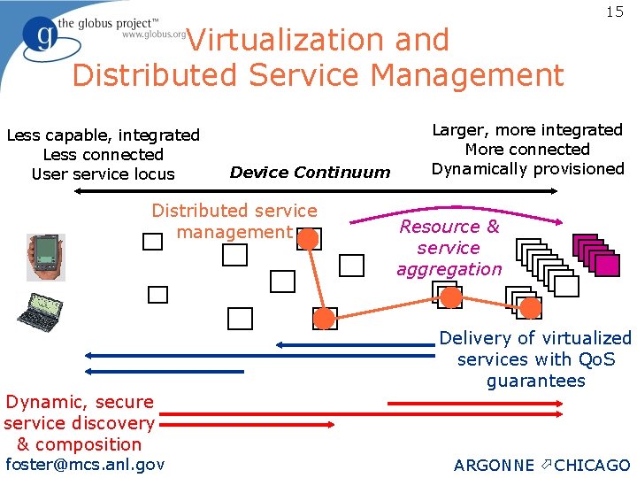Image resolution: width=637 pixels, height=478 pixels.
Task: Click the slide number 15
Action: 615,12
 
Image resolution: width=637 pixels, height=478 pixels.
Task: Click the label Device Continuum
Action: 310,173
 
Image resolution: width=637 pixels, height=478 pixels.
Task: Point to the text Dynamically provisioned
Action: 527,169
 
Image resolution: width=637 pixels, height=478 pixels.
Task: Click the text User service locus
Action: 103,174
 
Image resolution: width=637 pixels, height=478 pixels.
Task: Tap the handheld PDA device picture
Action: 45,257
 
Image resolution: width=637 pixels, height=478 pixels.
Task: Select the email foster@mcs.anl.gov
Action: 85,464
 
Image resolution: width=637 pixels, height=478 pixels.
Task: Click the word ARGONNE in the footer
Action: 494,466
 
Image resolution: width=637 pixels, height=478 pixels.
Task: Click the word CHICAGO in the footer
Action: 592,466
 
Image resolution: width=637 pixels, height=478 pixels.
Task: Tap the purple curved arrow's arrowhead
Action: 560,223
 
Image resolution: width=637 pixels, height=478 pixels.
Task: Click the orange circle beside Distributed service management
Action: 307,238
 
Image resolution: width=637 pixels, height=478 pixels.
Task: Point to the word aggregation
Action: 449,270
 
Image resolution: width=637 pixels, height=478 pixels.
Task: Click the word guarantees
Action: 535,382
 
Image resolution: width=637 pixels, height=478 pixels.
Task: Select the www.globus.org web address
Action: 153,35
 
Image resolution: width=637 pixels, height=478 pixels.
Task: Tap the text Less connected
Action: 103,155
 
